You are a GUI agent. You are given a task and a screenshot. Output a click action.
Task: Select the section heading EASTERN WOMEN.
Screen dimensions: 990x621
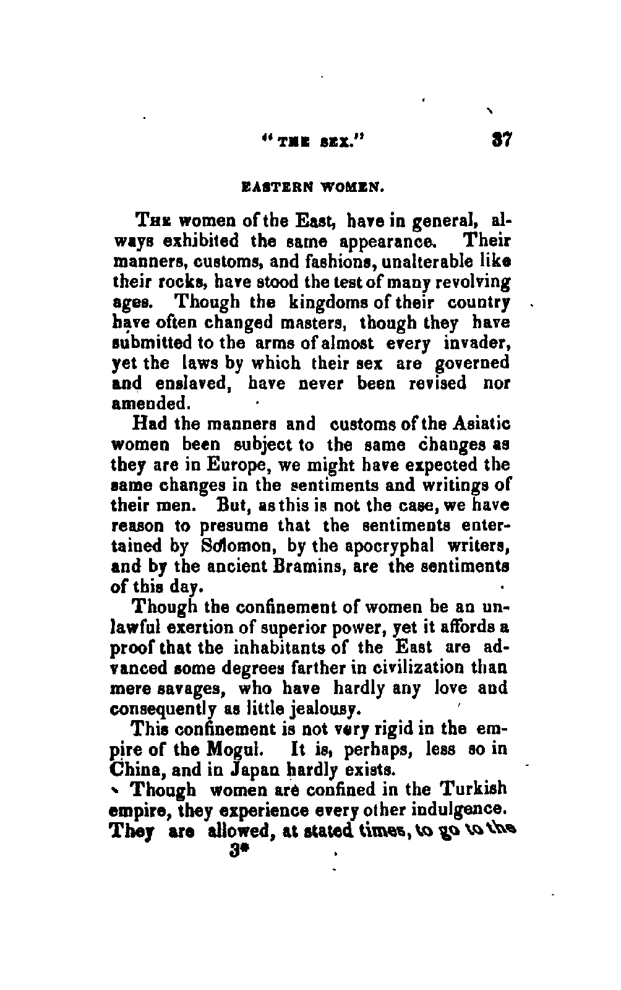[312, 184]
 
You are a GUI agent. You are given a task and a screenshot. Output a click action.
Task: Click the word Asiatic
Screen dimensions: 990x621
[482, 425]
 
